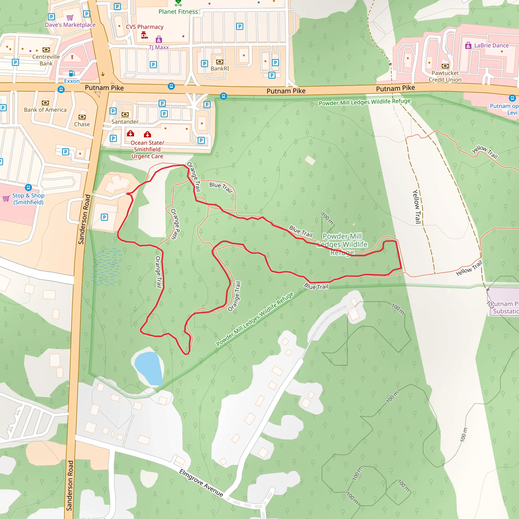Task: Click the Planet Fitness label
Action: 178,12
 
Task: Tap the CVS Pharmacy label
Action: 144,27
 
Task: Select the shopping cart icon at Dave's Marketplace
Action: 70,18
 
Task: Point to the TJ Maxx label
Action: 159,47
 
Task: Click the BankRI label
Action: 220,68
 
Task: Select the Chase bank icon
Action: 82,117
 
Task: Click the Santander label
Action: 125,122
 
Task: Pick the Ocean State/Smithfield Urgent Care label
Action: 147,149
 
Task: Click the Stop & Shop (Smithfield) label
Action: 28,199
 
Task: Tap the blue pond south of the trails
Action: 149,368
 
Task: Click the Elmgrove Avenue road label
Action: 201,483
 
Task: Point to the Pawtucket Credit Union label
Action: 445,76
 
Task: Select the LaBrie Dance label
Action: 491,45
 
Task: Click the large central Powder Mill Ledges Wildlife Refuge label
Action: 342,244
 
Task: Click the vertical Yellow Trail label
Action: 417,207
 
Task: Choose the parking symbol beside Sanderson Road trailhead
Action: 104,217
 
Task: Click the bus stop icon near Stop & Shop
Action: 28,187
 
